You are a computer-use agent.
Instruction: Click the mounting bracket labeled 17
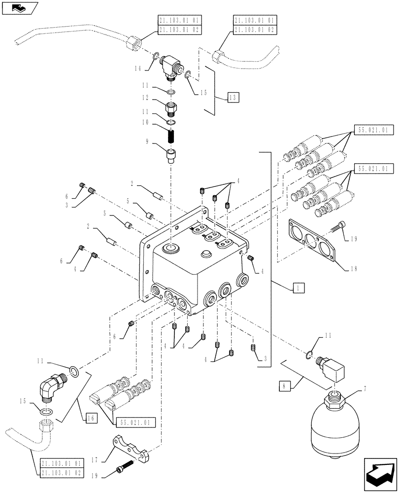tap(131, 450)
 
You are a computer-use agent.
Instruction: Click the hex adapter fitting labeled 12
tap(172, 107)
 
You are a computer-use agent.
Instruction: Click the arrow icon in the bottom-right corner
tap(381, 474)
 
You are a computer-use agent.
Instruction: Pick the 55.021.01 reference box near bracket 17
tap(136, 422)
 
